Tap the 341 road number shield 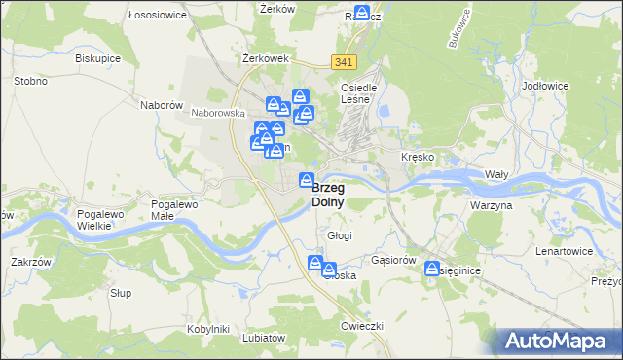point(342,62)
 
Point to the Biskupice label point(96,57)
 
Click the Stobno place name point(31,81)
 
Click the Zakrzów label point(29,261)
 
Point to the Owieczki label point(363,325)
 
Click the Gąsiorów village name point(394,261)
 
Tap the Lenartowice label point(565,251)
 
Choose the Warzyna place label point(491,206)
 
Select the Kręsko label point(418,157)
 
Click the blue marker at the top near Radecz point(362,14)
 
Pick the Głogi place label point(340,235)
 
